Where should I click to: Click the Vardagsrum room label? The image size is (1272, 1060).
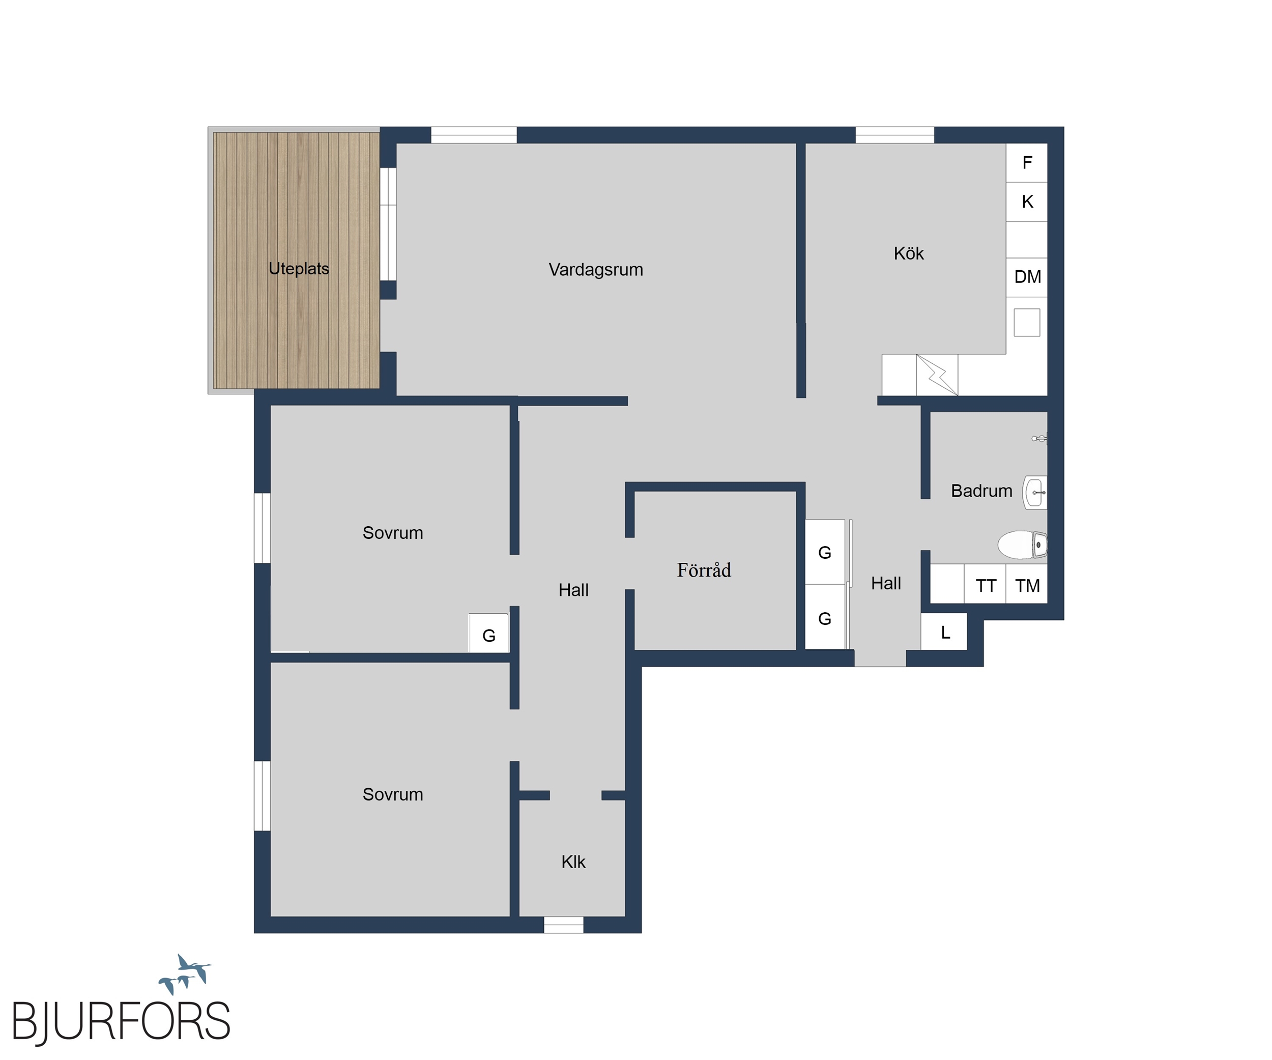pos(595,270)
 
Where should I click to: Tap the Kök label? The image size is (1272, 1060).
pos(909,253)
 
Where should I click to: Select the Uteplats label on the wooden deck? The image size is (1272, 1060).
pos(299,268)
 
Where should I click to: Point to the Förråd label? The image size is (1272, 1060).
pos(704,569)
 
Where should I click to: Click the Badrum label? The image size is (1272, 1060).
pos(981,491)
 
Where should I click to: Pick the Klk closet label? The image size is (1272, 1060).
pos(573,862)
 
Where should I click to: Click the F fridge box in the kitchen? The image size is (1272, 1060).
pos(1027,162)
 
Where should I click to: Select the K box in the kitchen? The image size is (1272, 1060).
pos(1027,202)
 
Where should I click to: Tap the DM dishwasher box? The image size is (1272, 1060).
pos(1027,277)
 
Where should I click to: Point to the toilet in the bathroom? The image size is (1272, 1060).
pos(1023,545)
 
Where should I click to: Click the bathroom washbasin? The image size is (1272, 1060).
pos(1034,493)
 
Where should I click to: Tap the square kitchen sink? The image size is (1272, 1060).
pos(1027,322)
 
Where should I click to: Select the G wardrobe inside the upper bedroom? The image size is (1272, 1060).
pos(489,634)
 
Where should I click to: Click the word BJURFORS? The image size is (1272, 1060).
pos(121,1022)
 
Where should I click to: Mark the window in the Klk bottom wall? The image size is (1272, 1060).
pos(563,925)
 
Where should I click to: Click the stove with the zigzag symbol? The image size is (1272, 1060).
pos(937,375)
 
